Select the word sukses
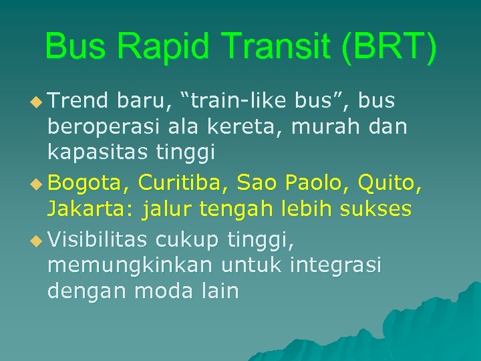(376, 209)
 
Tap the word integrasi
(336, 266)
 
